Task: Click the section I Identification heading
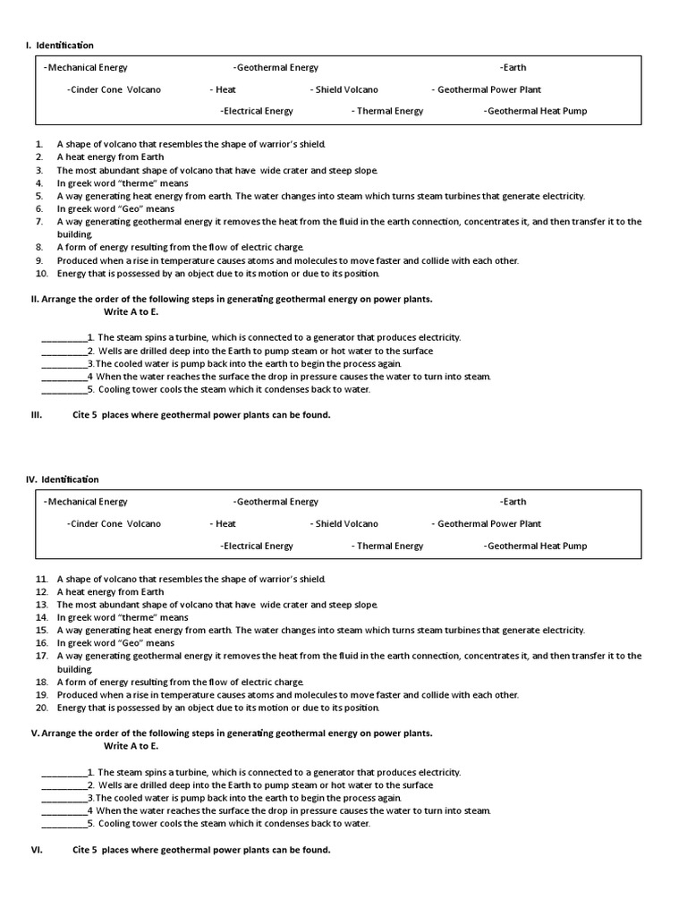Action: (59, 46)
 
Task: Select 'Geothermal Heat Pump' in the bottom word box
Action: (536, 546)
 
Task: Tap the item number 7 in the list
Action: (39, 221)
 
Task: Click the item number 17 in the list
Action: (41, 656)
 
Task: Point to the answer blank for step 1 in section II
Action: (64, 338)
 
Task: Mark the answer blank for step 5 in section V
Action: (64, 824)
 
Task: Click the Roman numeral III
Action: (37, 415)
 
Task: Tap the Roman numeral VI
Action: (37, 850)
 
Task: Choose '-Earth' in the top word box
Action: (513, 67)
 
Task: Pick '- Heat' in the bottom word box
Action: (223, 524)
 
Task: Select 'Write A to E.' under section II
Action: (131, 312)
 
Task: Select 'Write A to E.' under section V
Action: (131, 746)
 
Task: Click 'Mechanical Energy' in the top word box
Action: (86, 67)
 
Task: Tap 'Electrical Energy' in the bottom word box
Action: (257, 546)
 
